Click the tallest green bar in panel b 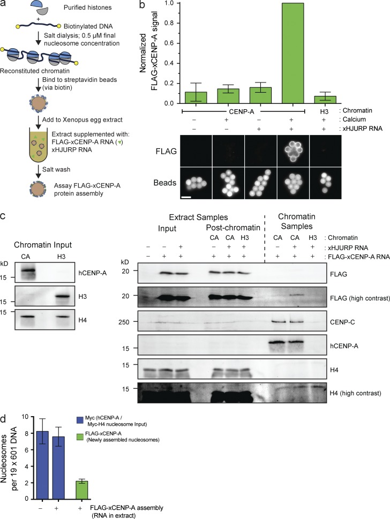[x=292, y=53]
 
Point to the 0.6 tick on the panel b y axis [x=177, y=43]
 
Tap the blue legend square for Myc [x=79, y=419]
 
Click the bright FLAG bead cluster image [x=292, y=152]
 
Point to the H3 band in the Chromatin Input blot [x=61, y=296]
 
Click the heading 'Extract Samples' [x=198, y=217]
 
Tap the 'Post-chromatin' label [x=232, y=228]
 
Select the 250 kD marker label [x=124, y=322]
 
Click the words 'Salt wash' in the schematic [x=56, y=169]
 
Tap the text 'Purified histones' [x=88, y=7]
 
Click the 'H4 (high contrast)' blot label [x=355, y=393]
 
